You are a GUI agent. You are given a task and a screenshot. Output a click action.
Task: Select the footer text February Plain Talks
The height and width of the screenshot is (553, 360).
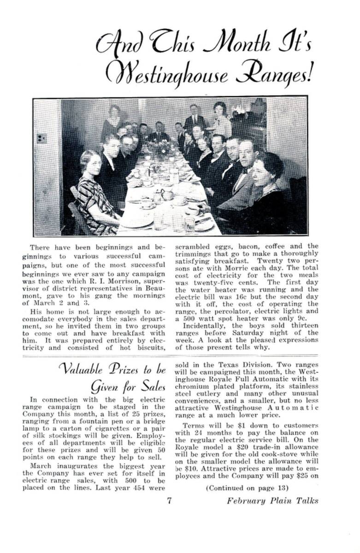tap(272, 501)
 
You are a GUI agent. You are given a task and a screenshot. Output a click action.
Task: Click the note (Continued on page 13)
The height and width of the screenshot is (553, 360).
tap(247, 488)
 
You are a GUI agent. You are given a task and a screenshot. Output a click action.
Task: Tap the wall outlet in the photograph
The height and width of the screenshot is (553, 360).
tap(41, 138)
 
